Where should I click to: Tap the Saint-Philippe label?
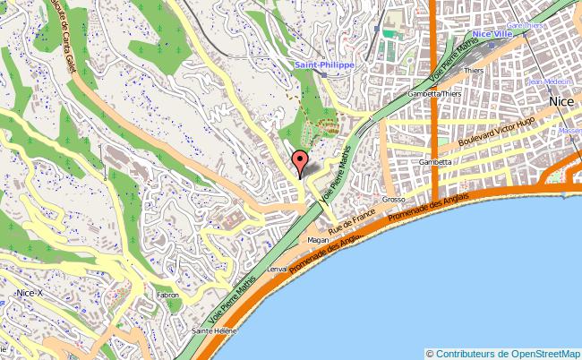tap(325, 65)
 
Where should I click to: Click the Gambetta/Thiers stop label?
tap(435, 93)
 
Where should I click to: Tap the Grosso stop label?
tap(394, 200)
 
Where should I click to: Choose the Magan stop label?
tap(320, 241)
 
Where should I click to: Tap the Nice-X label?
tap(30, 292)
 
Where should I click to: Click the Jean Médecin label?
tap(548, 82)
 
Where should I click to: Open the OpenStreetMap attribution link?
tap(544, 353)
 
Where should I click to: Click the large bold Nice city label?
tap(561, 101)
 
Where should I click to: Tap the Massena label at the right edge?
tap(570, 131)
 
